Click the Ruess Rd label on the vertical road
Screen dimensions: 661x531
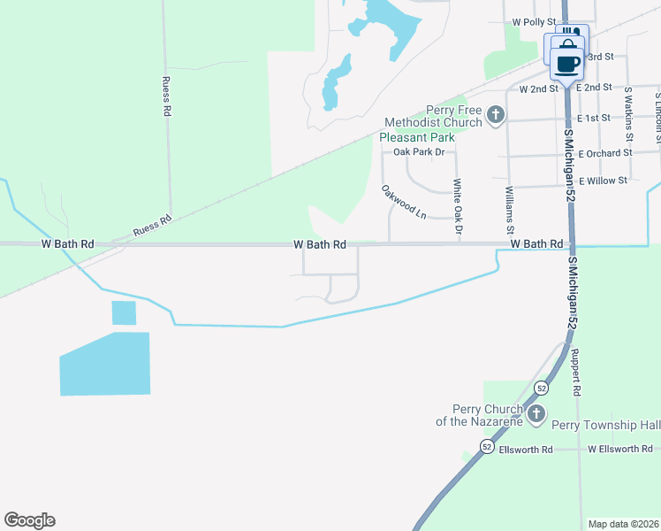(x=165, y=96)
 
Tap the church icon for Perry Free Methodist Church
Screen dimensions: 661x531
(x=496, y=113)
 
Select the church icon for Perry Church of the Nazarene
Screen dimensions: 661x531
(x=535, y=414)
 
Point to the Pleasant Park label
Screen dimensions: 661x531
(x=416, y=137)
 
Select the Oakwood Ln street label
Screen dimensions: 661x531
(x=404, y=203)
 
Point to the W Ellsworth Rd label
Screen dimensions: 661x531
(x=620, y=450)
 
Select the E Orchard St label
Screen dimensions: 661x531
(x=605, y=152)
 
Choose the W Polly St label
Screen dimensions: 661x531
(x=534, y=21)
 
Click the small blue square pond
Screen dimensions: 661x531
(x=125, y=313)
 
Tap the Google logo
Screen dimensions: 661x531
(x=29, y=520)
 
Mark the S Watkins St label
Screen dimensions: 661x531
(x=628, y=113)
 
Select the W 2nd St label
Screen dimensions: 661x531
(x=539, y=88)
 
